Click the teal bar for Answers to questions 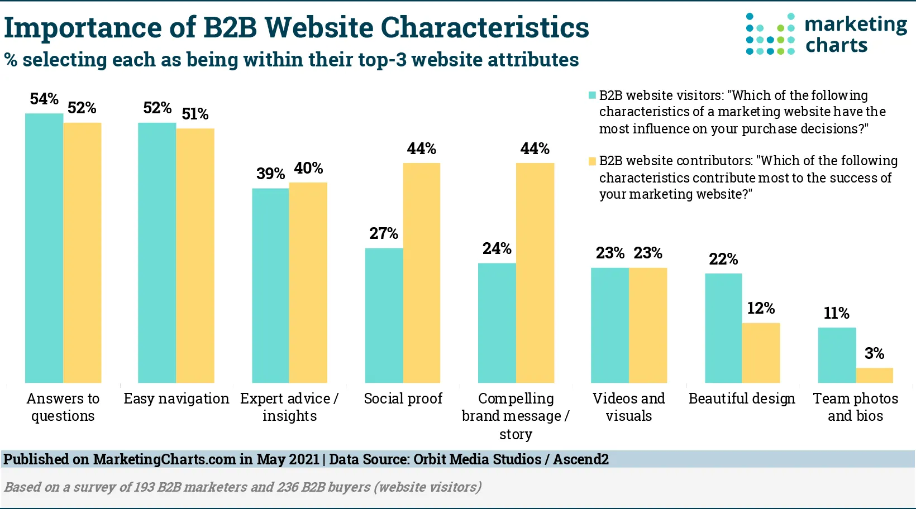[x=44, y=248]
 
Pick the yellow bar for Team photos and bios [x=875, y=375]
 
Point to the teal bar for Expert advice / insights [x=270, y=285]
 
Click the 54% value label [x=44, y=99]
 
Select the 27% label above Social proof [x=384, y=233]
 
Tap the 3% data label [x=875, y=353]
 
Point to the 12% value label [x=761, y=308]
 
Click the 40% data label [x=308, y=168]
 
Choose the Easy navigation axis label [x=176, y=398]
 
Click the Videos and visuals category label [x=629, y=407]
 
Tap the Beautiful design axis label [x=742, y=398]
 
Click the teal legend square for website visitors [x=592, y=95]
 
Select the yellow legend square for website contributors [x=592, y=161]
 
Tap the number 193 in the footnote [x=144, y=487]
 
